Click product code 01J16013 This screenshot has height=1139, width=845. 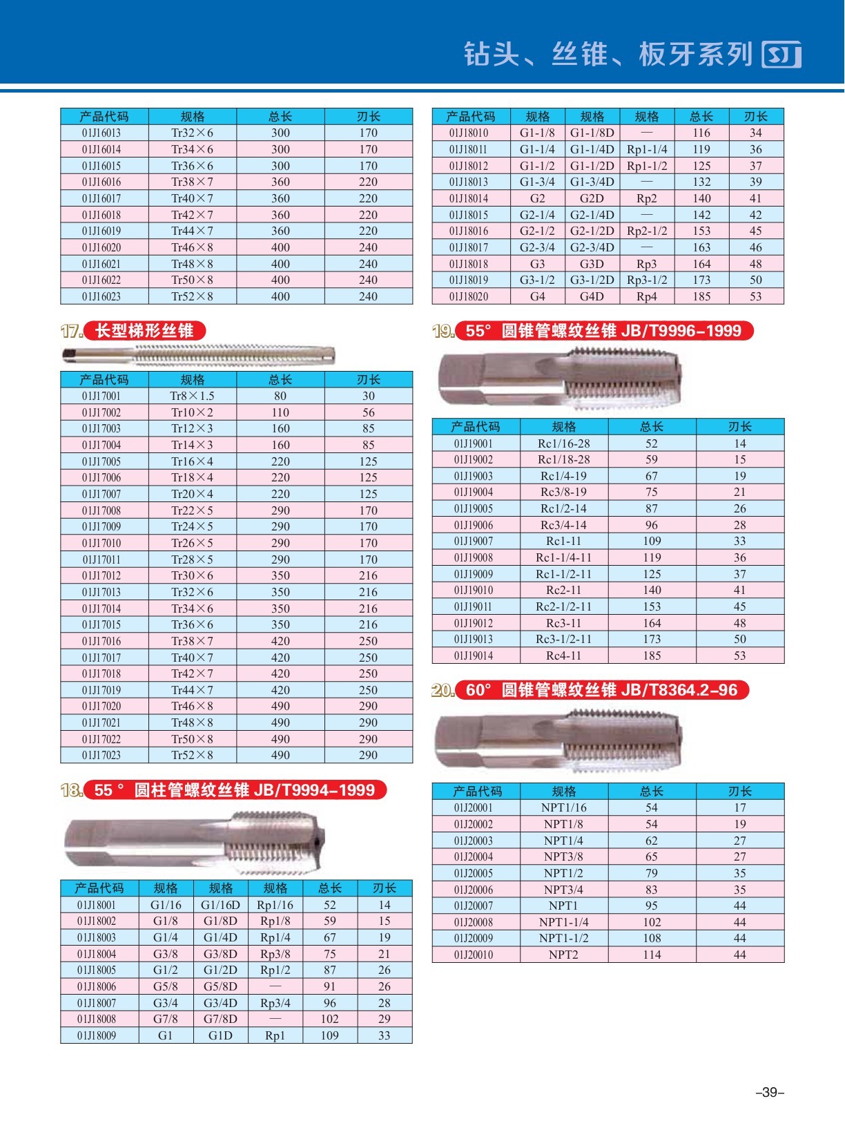coord(101,133)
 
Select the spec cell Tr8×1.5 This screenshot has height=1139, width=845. coord(192,396)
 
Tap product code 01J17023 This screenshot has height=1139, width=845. coord(101,755)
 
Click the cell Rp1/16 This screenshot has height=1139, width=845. coord(275,905)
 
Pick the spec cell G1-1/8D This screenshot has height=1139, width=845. coord(592,133)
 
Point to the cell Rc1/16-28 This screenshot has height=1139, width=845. coord(563,443)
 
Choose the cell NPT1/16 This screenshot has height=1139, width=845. coord(563,807)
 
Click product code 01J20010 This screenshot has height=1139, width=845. coord(474,955)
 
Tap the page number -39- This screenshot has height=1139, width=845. coord(770,1093)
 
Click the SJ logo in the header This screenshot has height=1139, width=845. coord(781,55)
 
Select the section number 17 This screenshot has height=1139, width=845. coord(71,331)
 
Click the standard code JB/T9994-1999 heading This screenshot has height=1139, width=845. coord(314,790)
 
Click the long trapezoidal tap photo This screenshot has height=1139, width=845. coord(198,355)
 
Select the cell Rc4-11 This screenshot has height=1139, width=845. coord(563,655)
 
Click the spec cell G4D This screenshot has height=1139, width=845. coord(592,296)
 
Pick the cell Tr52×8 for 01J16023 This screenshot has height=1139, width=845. coord(192,296)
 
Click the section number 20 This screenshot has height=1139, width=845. coord(443,690)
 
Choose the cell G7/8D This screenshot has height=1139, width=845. coord(220,1019)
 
